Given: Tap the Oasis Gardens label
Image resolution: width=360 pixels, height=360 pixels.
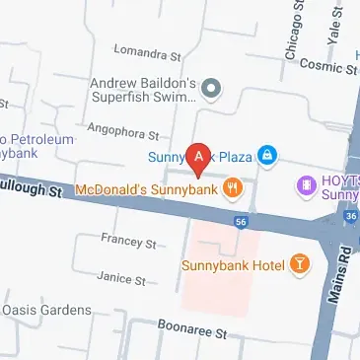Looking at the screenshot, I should [x=46, y=310].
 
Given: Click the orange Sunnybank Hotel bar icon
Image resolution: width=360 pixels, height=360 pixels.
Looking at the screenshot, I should [x=297, y=263].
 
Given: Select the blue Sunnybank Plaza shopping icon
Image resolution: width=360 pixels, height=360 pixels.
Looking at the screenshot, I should [x=266, y=155].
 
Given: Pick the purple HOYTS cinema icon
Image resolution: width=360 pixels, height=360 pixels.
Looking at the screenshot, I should [x=306, y=183].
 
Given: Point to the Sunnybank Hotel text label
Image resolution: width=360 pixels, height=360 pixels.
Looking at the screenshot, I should [x=233, y=264].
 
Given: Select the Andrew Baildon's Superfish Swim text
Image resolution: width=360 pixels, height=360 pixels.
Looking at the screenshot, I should [x=147, y=90].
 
